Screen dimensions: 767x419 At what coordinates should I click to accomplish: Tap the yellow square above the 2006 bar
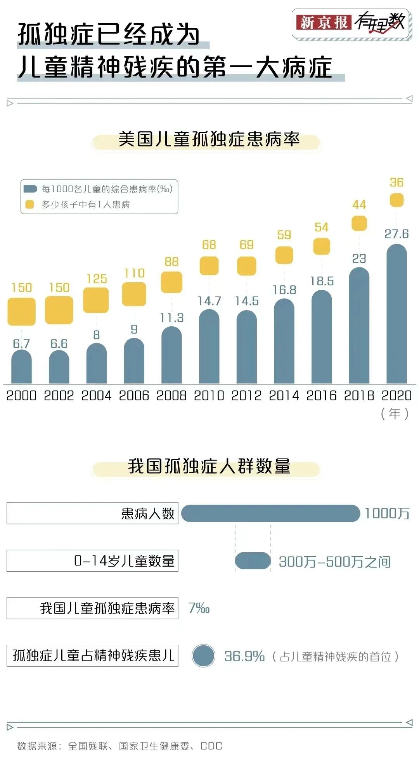(134, 294)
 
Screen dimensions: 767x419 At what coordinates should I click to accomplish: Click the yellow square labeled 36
(396, 200)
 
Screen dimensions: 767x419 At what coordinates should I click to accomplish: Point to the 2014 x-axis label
(284, 395)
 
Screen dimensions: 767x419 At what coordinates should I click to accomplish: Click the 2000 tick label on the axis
(21, 395)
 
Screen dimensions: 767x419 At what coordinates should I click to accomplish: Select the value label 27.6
(396, 234)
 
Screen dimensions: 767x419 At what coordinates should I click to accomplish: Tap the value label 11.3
(171, 318)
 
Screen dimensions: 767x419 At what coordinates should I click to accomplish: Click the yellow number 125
(97, 279)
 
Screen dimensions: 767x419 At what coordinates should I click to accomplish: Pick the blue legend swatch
(30, 189)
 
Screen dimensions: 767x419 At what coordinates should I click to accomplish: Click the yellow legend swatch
(29, 205)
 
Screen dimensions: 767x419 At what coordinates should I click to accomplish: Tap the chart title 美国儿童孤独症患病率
(209, 140)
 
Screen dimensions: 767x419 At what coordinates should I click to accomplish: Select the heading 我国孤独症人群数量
(209, 466)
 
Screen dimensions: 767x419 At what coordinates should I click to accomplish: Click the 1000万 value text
(387, 514)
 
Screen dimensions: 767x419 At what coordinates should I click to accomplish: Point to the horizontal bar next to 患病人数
(270, 514)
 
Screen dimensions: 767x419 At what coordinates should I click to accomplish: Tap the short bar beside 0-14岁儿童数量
(253, 561)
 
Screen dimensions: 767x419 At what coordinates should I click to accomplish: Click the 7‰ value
(199, 608)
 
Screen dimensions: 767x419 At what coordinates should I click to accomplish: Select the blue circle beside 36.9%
(203, 655)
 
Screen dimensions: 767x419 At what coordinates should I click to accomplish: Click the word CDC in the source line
(211, 746)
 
